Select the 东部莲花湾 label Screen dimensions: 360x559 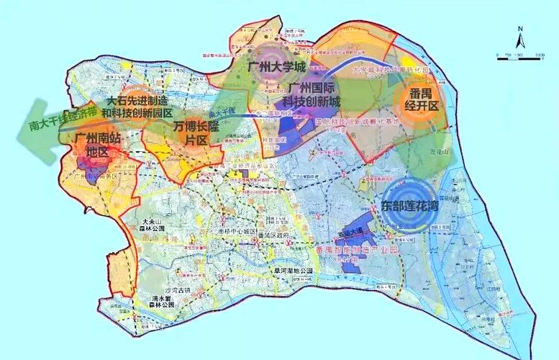pos(411,205)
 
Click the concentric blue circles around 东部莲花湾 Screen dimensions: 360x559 pos(411,205)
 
